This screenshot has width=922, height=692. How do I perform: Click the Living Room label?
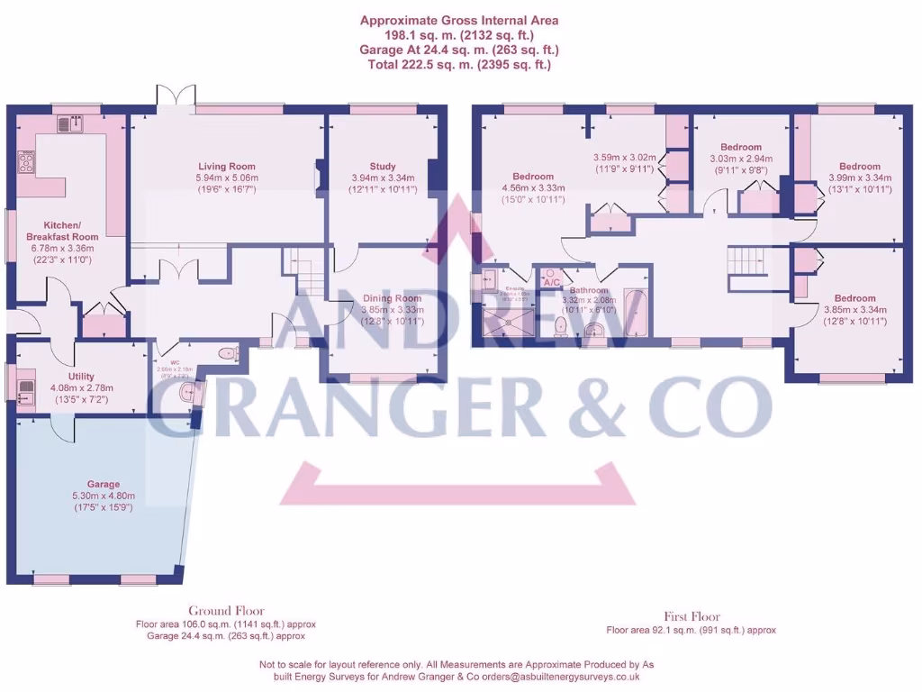(x=227, y=167)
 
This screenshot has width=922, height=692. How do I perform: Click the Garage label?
(x=104, y=484)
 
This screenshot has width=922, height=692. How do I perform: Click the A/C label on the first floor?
(x=551, y=282)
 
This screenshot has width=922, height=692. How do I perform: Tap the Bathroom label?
(x=589, y=290)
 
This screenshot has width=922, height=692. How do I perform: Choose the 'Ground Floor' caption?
(x=226, y=611)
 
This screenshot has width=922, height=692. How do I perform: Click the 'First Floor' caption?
(x=691, y=618)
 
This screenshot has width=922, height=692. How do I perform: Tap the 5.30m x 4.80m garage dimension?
(x=104, y=496)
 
